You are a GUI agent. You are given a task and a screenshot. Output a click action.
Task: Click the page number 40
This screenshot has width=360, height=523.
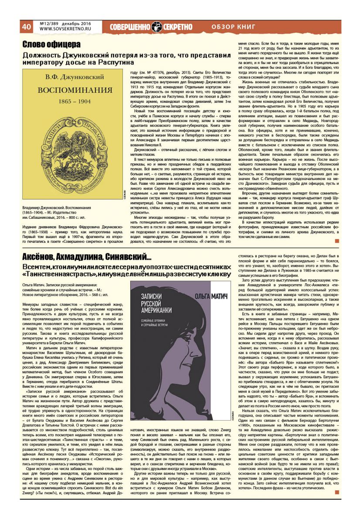tap(26, 27)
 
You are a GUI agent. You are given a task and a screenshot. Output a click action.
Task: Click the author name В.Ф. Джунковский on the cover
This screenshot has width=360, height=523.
tap(72, 78)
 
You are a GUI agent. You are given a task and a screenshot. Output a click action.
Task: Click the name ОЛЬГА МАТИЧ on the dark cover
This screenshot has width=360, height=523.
tap(213, 289)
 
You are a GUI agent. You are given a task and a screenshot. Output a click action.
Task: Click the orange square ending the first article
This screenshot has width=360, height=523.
tap(336, 241)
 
